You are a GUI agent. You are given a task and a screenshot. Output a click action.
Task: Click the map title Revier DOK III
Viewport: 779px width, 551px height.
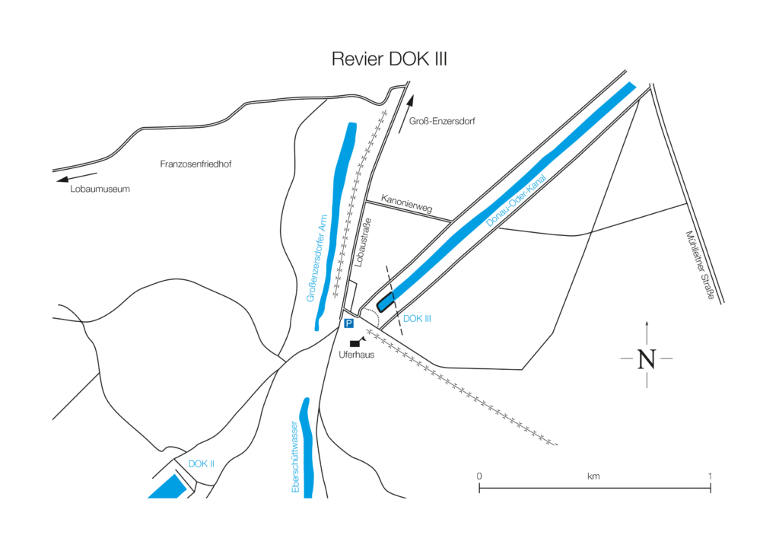click(389, 59)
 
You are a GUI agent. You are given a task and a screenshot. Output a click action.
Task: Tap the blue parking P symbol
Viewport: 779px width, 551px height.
click(349, 323)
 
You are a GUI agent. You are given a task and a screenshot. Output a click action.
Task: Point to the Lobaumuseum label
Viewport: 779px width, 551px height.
click(100, 189)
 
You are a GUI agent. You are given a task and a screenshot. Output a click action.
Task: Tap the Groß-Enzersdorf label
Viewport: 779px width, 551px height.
click(442, 121)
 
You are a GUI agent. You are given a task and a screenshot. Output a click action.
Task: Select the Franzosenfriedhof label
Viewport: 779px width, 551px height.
click(196, 164)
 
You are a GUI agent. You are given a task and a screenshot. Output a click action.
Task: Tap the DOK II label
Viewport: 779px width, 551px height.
click(202, 463)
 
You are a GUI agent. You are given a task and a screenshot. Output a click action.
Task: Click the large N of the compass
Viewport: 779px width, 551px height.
click(647, 358)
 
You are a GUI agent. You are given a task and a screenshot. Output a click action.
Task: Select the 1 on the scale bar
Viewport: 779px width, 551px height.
click(710, 476)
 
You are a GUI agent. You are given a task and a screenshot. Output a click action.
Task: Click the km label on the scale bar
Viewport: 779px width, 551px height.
click(593, 476)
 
